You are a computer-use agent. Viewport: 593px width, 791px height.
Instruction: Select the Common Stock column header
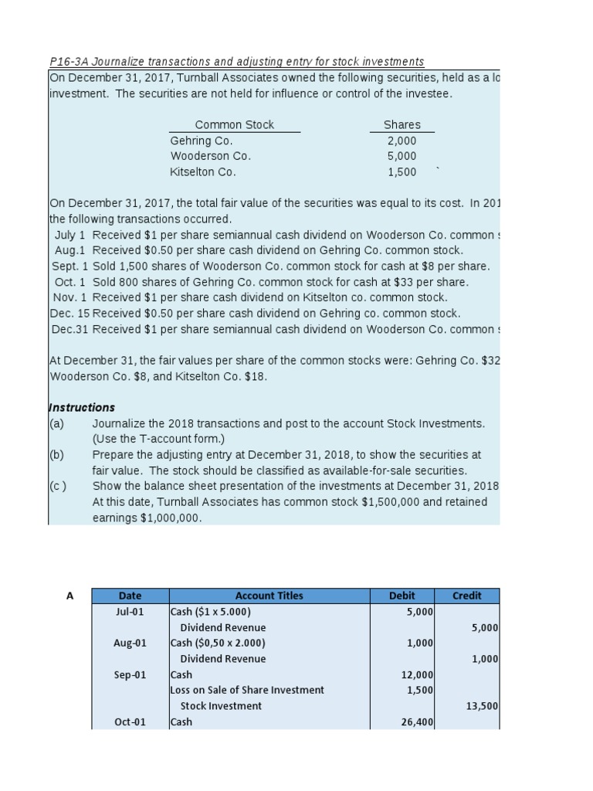[234, 124]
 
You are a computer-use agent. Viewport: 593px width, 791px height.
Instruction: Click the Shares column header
[402, 124]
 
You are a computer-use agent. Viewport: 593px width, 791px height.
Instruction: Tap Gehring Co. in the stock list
[201, 141]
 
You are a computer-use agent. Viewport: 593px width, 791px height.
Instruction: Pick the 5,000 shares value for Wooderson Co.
[402, 156]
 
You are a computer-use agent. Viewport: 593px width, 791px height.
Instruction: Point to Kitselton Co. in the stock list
[203, 172]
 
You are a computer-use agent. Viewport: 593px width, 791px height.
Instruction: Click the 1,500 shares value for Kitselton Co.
[402, 172]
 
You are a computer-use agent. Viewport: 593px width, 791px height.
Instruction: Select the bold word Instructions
[82, 407]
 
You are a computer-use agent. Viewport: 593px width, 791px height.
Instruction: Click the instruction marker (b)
[56, 454]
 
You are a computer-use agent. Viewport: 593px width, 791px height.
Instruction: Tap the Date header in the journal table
[130, 596]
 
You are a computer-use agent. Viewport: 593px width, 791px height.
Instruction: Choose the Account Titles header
[269, 596]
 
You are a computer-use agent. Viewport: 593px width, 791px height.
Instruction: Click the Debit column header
[402, 596]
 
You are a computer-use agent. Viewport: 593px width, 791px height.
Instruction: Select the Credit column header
[466, 596]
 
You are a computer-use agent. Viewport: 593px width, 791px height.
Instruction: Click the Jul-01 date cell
[130, 612]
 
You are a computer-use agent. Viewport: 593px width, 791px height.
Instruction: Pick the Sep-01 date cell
[130, 675]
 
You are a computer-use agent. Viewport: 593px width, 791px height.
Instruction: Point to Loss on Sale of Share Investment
[247, 690]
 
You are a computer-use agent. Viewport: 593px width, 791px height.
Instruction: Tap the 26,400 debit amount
[417, 722]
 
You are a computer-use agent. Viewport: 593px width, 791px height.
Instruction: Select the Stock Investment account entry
[221, 706]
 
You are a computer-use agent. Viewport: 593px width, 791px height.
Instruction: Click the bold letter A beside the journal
[70, 596]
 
